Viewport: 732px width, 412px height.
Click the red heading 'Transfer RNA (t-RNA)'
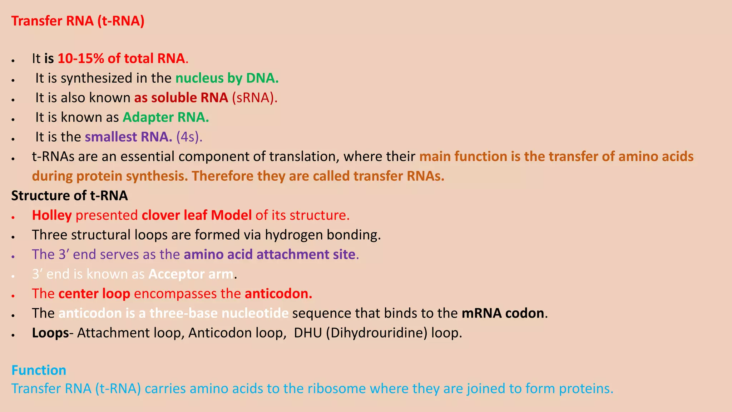(x=78, y=21)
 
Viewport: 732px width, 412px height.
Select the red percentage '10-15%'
(x=80, y=59)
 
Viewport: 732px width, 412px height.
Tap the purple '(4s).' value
(x=189, y=137)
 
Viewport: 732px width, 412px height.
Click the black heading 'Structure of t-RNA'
(x=69, y=196)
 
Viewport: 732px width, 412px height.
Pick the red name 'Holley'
(x=52, y=215)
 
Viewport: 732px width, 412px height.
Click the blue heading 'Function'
(x=39, y=370)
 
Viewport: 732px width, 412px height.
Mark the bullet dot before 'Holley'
(x=13, y=217)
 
